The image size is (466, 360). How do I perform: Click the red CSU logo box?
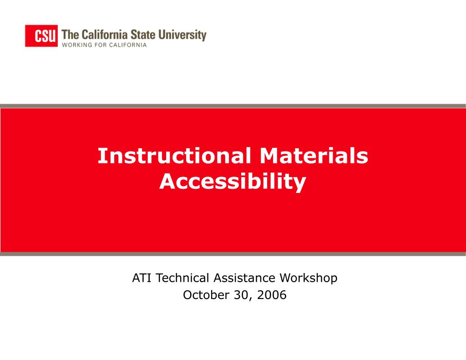coord(41,36)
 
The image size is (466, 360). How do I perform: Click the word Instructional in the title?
coord(174,156)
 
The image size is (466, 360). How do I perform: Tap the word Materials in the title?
coord(314,156)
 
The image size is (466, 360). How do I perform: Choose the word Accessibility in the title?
coord(233,182)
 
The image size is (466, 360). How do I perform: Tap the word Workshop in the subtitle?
coord(309,278)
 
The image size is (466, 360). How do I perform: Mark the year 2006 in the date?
coord(272,295)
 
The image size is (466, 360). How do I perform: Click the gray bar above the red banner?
coord(233,106)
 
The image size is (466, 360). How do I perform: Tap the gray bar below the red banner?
coord(233,254)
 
